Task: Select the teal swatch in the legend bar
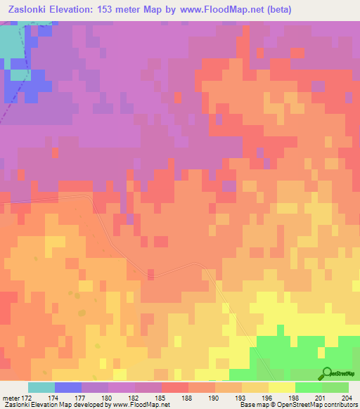41,387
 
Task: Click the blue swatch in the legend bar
68,387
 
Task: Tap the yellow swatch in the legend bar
282,387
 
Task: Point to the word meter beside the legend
10,397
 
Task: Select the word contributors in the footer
337,405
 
